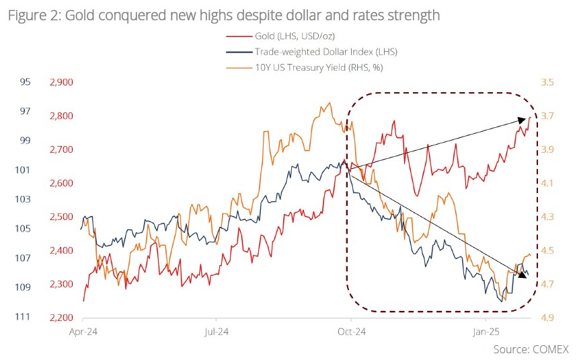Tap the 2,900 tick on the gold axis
coord(61,82)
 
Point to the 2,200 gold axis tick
coord(61,318)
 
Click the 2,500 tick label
coord(61,217)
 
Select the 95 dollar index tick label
coord(26,82)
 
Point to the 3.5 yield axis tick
coord(547,82)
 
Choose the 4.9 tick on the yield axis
coord(547,318)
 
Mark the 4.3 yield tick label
coord(547,217)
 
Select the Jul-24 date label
coord(215,331)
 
